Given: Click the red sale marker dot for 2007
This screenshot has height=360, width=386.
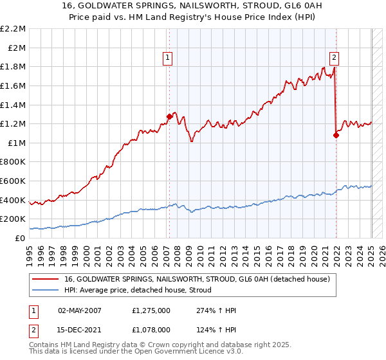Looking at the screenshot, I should [169, 116].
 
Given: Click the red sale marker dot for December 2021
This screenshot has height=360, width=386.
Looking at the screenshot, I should [336, 135].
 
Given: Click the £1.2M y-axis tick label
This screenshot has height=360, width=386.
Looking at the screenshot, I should [14, 123].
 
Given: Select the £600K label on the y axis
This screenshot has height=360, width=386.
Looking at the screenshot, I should [14, 181].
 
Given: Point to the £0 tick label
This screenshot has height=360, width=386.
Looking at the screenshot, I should [20, 238].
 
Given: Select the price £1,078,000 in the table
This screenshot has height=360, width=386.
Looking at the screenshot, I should [151, 329].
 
